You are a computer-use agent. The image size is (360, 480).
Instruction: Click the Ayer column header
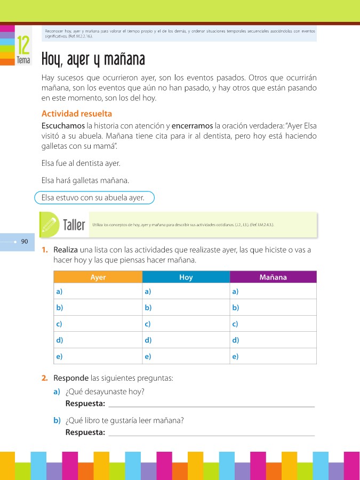pyautogui.click(x=98, y=277)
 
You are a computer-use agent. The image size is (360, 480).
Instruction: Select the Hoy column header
pyautogui.click(x=186, y=277)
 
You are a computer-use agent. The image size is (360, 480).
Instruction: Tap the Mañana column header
pyautogui.click(x=273, y=277)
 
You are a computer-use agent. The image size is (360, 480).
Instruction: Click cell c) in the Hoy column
pyautogui.click(x=186, y=324)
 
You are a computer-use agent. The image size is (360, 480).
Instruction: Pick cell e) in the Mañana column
pyautogui.click(x=273, y=356)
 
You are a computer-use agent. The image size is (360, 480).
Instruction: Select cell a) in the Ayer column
pyautogui.click(x=98, y=291)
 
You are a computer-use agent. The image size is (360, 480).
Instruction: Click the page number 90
pyautogui.click(x=25, y=242)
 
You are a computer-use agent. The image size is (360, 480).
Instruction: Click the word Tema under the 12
pyautogui.click(x=23, y=60)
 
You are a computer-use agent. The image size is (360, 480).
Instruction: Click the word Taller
pyautogui.click(x=74, y=225)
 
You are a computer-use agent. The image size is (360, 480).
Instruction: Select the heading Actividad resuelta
pyautogui.click(x=76, y=114)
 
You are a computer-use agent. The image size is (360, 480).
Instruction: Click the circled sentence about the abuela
pyautogui.click(x=94, y=197)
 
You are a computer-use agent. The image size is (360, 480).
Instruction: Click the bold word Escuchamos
pyautogui.click(x=63, y=126)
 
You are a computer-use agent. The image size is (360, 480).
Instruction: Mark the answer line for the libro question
pyautogui.click(x=211, y=433)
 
